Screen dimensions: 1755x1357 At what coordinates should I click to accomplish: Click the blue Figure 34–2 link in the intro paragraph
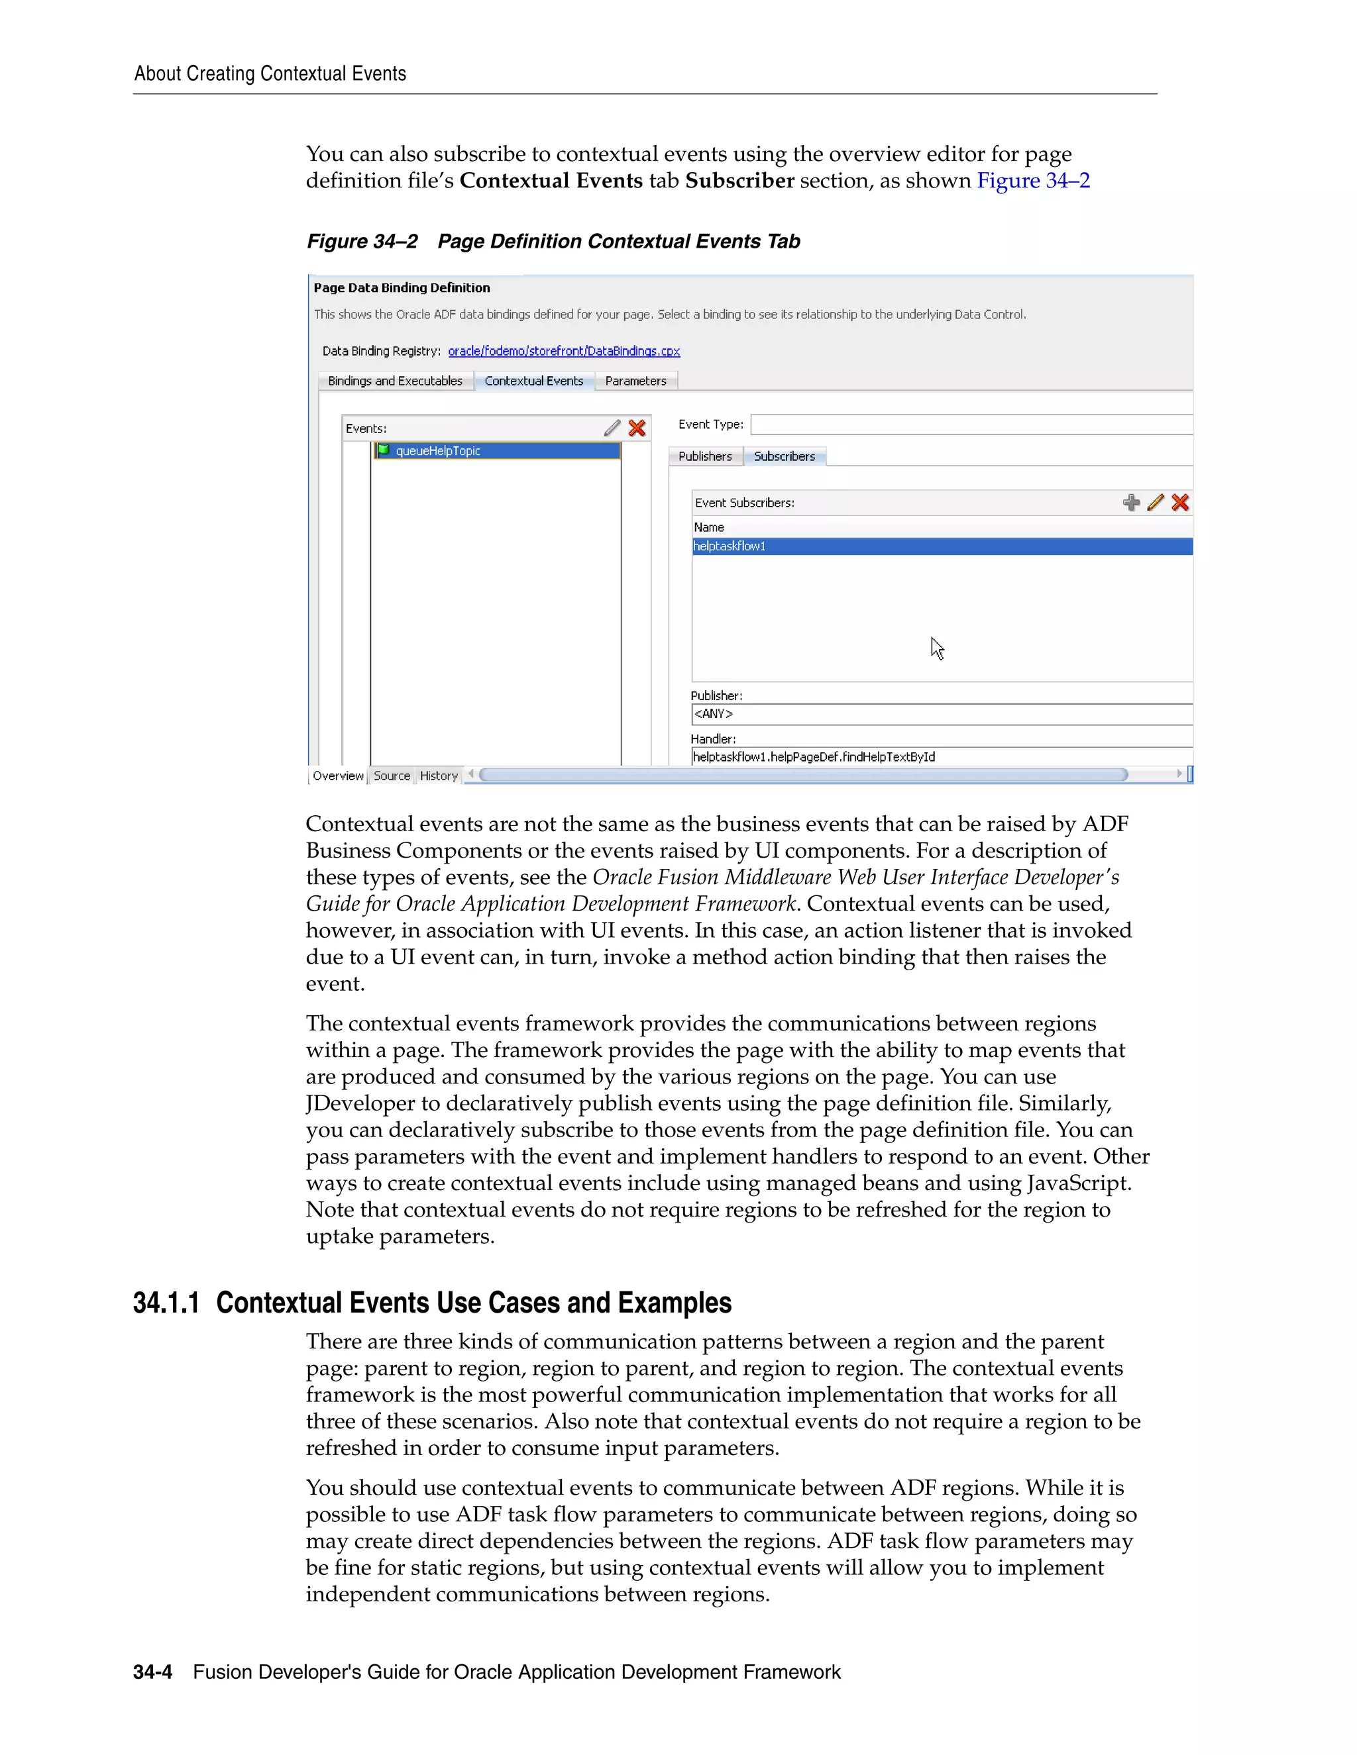[x=1033, y=181]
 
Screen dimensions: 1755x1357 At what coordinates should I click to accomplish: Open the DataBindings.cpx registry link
[x=564, y=351]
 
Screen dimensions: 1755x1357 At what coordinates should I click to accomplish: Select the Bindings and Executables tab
[x=395, y=381]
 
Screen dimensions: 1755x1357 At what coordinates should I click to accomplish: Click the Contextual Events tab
[x=534, y=381]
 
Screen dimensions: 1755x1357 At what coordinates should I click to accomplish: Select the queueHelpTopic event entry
[x=437, y=451]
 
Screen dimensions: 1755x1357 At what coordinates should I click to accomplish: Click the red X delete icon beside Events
[x=637, y=428]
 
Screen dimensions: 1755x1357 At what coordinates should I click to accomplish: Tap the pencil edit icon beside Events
[x=612, y=428]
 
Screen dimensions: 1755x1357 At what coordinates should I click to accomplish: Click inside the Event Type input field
[x=970, y=425]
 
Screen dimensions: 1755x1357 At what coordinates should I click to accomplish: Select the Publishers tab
[x=705, y=456]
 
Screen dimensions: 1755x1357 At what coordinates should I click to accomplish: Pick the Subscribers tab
[x=784, y=456]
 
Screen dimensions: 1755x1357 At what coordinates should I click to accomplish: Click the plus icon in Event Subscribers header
[x=1131, y=503]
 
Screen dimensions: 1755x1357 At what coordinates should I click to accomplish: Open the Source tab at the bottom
[x=392, y=776]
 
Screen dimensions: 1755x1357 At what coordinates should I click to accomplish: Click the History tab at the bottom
[x=438, y=776]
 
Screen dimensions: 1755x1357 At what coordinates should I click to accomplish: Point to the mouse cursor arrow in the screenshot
[x=936, y=648]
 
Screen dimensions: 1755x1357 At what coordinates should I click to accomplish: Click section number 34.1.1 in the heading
[x=166, y=1303]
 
